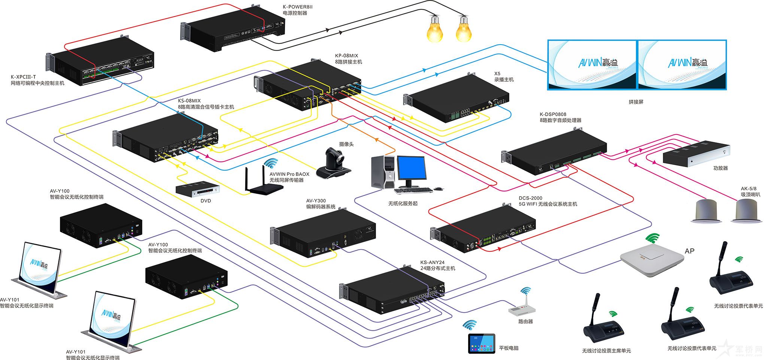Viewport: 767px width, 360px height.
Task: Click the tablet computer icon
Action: pyautogui.click(x=482, y=343)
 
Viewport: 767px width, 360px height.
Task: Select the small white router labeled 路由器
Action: pyautogui.click(x=522, y=309)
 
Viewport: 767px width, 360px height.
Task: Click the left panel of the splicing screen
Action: pyautogui.click(x=592, y=64)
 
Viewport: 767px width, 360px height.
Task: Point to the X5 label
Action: pyautogui.click(x=497, y=73)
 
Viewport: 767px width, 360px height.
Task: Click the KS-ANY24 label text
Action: pyautogui.click(x=432, y=263)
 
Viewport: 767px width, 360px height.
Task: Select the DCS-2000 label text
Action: pyautogui.click(x=530, y=198)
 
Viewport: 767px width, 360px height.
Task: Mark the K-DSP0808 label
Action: pyautogui.click(x=553, y=114)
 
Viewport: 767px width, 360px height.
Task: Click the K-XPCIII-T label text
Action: pyautogui.click(x=24, y=77)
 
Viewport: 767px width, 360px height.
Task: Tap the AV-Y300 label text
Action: pyautogui.click(x=316, y=201)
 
